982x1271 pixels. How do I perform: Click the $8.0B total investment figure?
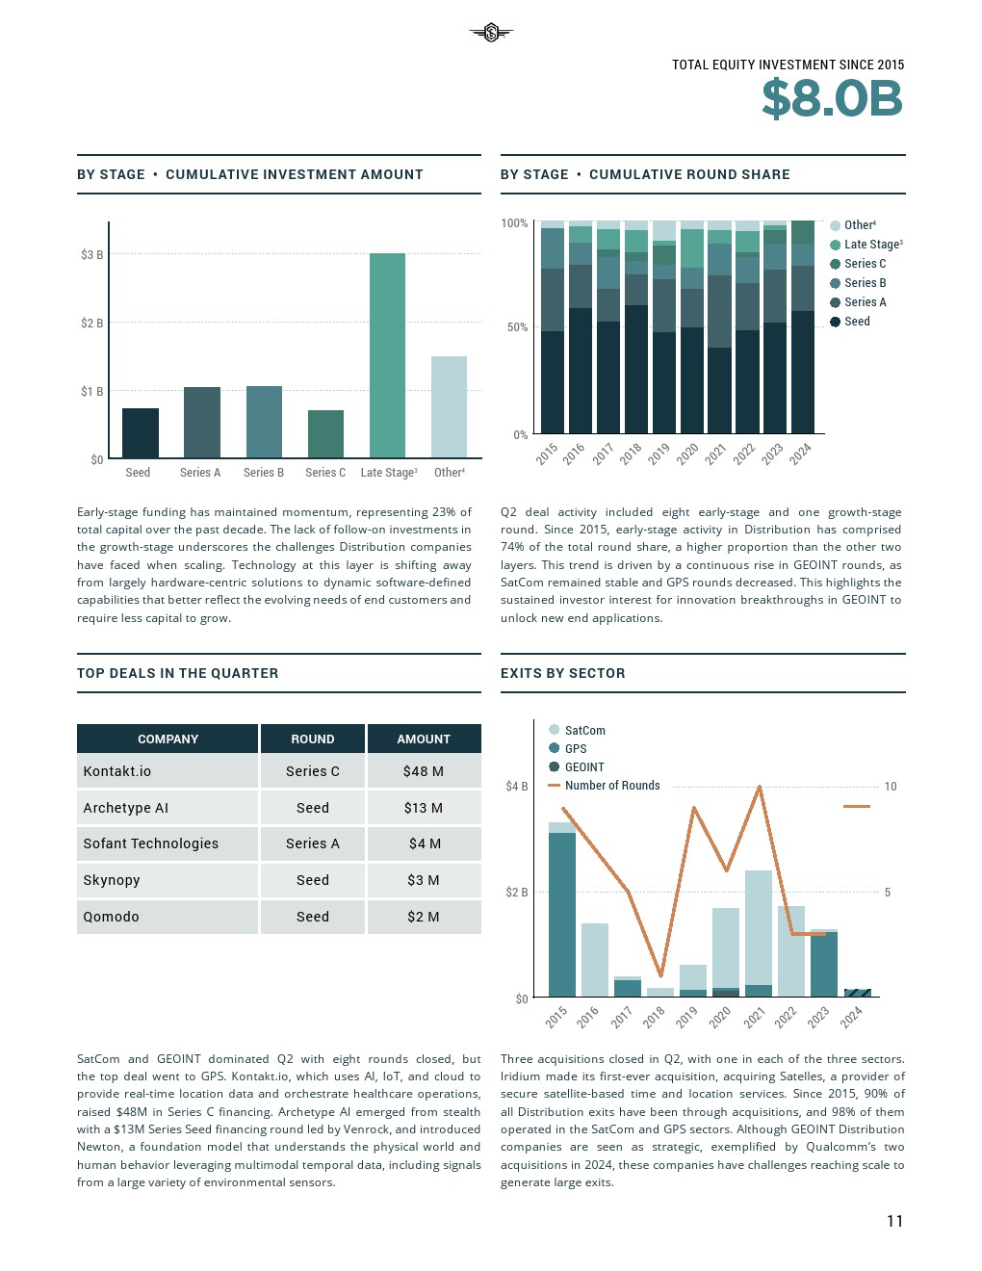(x=832, y=99)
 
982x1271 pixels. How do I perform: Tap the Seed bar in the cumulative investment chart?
(x=141, y=432)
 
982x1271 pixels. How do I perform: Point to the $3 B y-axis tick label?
(x=91, y=255)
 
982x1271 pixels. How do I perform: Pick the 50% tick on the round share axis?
(x=517, y=327)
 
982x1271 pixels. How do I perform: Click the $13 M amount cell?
(x=424, y=808)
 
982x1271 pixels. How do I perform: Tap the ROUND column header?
(x=313, y=739)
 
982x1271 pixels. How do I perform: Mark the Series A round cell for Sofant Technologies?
(x=313, y=843)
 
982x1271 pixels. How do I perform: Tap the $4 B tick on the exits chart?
(x=517, y=787)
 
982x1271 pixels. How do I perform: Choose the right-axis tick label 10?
(x=891, y=787)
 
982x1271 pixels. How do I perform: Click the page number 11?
(x=894, y=1221)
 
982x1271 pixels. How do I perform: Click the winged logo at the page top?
(x=491, y=34)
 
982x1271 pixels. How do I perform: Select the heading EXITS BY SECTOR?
(x=562, y=673)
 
